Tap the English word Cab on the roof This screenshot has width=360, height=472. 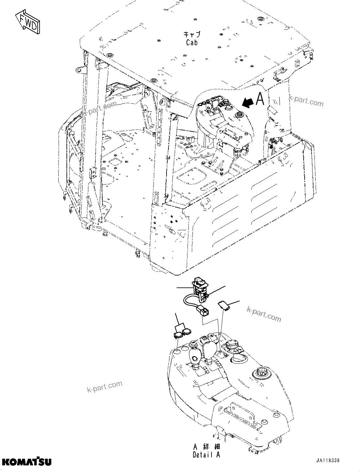point(192,42)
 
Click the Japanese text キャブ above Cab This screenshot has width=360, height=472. point(192,34)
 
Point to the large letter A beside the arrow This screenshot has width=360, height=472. point(260,99)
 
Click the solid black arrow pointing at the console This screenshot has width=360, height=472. point(248,102)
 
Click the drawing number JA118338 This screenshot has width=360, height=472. point(327,461)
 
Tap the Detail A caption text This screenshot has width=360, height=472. point(206,455)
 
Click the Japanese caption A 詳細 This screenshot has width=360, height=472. point(206,447)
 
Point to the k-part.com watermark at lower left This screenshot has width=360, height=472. point(104,386)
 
